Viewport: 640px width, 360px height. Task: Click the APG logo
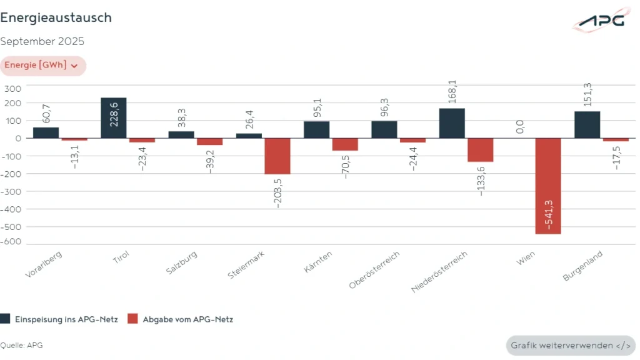(x=601, y=20)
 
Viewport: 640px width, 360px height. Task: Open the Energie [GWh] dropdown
(x=42, y=66)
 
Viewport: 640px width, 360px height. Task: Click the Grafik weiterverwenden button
(x=570, y=346)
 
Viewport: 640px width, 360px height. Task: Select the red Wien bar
(x=548, y=186)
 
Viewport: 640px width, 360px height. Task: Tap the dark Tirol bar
(x=114, y=117)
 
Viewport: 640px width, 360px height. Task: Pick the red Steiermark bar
(x=277, y=156)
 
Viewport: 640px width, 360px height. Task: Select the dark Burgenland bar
(x=587, y=124)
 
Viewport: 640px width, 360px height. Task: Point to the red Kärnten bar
(x=345, y=144)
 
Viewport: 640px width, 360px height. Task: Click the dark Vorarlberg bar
(x=46, y=132)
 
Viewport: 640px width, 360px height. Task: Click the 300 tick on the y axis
(x=13, y=88)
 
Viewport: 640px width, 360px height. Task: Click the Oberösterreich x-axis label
(x=374, y=270)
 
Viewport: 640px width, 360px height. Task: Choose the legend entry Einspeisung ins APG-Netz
(x=59, y=319)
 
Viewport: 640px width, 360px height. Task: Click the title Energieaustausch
(x=56, y=17)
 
